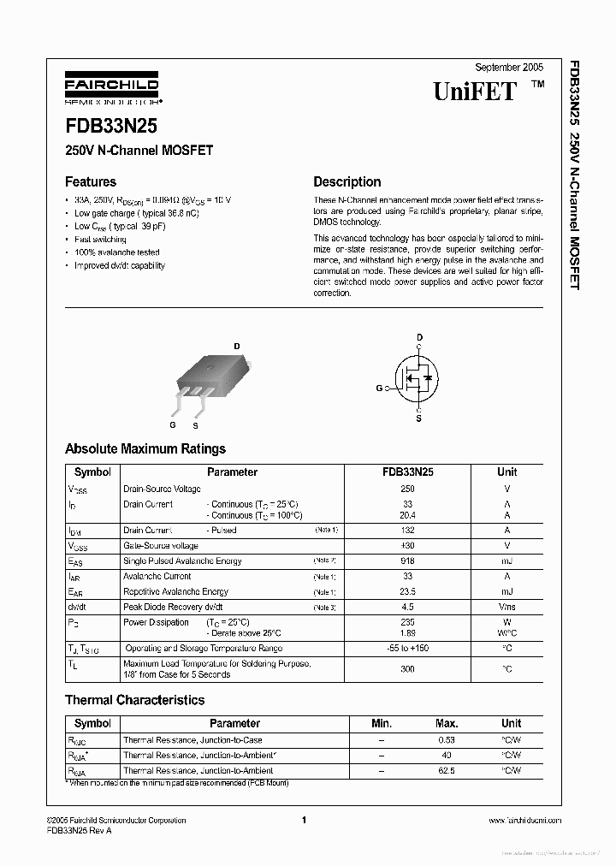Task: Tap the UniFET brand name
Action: pyautogui.click(x=475, y=92)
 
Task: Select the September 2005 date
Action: pyautogui.click(x=509, y=67)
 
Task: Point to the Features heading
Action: pyautogui.click(x=91, y=181)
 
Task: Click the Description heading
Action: pyautogui.click(x=346, y=181)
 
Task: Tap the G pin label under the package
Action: pyautogui.click(x=172, y=424)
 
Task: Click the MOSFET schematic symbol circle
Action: pyautogui.click(x=418, y=377)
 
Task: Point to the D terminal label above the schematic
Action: pyautogui.click(x=419, y=337)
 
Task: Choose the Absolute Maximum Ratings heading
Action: pyautogui.click(x=145, y=448)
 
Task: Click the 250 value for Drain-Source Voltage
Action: pyautogui.click(x=407, y=489)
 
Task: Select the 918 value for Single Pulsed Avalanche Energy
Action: pyautogui.click(x=407, y=561)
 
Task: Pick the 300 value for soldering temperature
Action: pyautogui.click(x=407, y=668)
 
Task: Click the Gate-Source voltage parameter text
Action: pyautogui.click(x=161, y=546)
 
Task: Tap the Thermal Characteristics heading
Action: pyautogui.click(x=134, y=700)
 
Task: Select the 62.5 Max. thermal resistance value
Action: pyautogui.click(x=446, y=771)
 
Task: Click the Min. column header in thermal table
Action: pyautogui.click(x=381, y=723)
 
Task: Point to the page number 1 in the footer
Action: pyautogui.click(x=304, y=821)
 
